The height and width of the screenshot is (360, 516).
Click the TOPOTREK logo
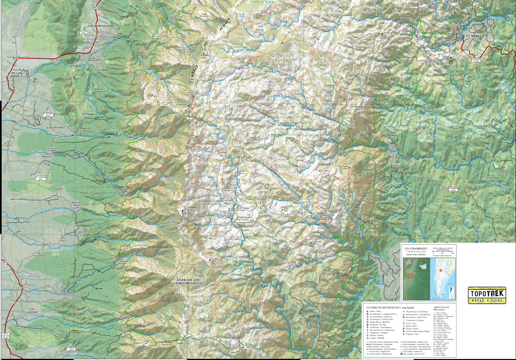[x=487, y=296]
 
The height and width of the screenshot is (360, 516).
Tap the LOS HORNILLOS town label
[x=100, y=26]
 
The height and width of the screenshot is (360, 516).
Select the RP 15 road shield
[x=96, y=8]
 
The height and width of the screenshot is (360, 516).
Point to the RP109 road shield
[x=466, y=50]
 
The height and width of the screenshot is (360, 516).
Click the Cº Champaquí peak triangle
[x=182, y=210]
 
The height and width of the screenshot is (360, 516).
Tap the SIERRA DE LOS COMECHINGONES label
[x=188, y=282]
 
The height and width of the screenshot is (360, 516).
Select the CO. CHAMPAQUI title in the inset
[x=416, y=248]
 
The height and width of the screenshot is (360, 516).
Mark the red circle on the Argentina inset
[x=441, y=271]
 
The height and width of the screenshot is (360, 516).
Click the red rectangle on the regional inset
[x=410, y=276]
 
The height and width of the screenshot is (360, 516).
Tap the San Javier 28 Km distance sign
[x=83, y=32]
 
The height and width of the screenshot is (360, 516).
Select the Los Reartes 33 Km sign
[x=476, y=60]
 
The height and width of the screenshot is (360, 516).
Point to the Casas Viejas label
[x=430, y=51]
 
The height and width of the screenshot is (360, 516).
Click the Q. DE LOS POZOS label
[x=14, y=74]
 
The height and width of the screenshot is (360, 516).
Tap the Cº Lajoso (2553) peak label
[x=214, y=259]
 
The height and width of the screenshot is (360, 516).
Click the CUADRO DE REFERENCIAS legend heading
[x=390, y=307]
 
